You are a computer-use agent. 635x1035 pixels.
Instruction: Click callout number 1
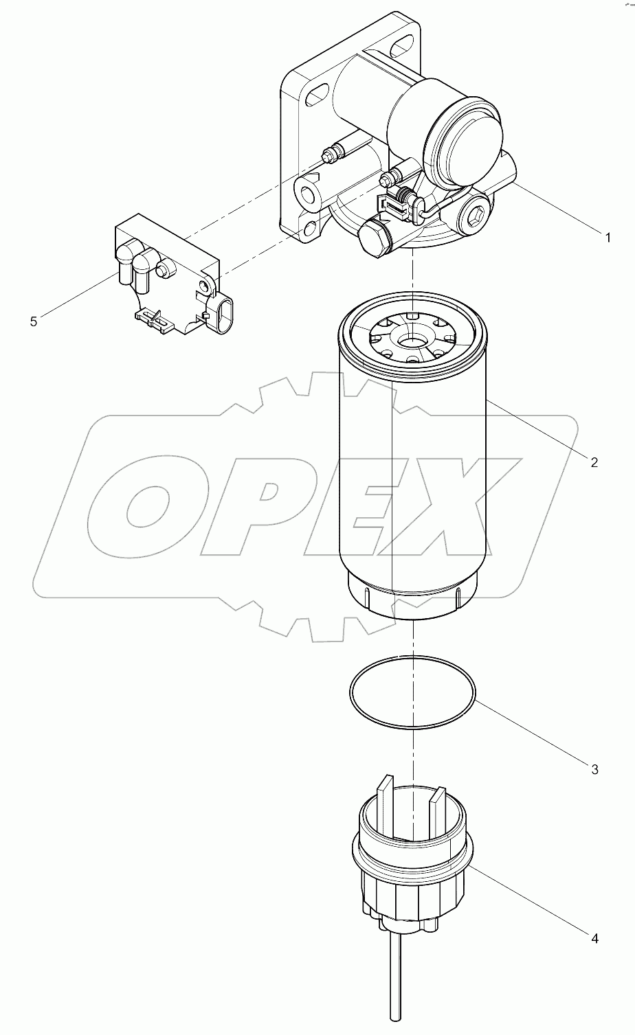(x=607, y=238)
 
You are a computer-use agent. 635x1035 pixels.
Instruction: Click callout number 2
(x=594, y=462)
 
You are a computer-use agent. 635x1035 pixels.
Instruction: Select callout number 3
(x=594, y=769)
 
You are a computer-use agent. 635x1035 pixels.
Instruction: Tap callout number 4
(x=594, y=937)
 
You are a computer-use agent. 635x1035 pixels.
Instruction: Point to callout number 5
(x=34, y=321)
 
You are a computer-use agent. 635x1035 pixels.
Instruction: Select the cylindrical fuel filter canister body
(x=412, y=481)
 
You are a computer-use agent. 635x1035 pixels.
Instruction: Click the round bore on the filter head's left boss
(x=308, y=192)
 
